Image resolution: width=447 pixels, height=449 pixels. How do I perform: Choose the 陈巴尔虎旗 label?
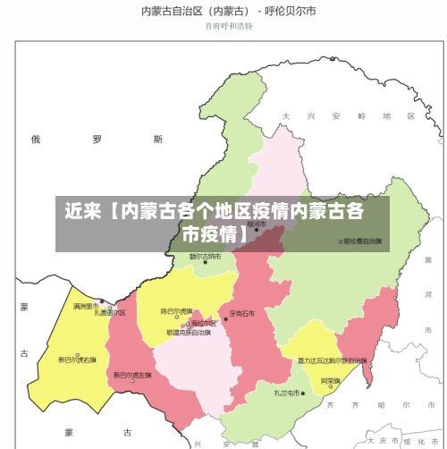click(x=176, y=311)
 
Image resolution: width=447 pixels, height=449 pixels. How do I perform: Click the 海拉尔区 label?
click(x=204, y=323)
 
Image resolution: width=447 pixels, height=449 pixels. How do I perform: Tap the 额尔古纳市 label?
click(x=210, y=257)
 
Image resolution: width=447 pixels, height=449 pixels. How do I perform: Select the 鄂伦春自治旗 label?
click(x=363, y=241)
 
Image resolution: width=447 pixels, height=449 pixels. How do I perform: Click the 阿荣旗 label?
click(x=332, y=380)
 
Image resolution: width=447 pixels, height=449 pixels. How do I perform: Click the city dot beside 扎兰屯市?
click(x=304, y=393)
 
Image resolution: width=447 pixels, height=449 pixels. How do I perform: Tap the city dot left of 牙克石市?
click(x=227, y=314)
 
